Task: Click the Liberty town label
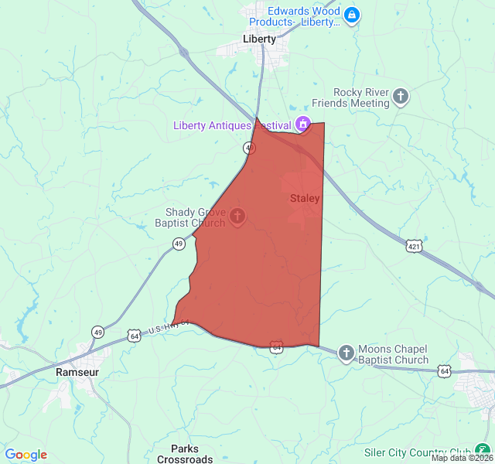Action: click(258, 39)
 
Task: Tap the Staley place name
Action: click(305, 199)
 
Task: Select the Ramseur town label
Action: click(77, 372)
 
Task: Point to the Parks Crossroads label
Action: click(185, 454)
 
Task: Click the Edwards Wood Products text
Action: click(303, 16)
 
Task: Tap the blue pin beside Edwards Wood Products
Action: click(352, 15)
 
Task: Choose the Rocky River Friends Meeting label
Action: click(350, 97)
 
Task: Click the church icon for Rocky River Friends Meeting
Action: click(401, 97)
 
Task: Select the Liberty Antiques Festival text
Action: click(232, 125)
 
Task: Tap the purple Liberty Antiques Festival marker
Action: click(303, 125)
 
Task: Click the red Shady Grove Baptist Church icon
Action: click(237, 217)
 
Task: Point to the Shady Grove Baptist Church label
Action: click(195, 218)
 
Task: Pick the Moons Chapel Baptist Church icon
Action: click(346, 353)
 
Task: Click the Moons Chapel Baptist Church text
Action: click(393, 354)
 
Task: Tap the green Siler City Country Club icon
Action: click(483, 452)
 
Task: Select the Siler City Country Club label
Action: click(418, 452)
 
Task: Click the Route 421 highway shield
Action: click(415, 246)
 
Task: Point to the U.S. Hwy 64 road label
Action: click(165, 326)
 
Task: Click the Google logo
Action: click(26, 455)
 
